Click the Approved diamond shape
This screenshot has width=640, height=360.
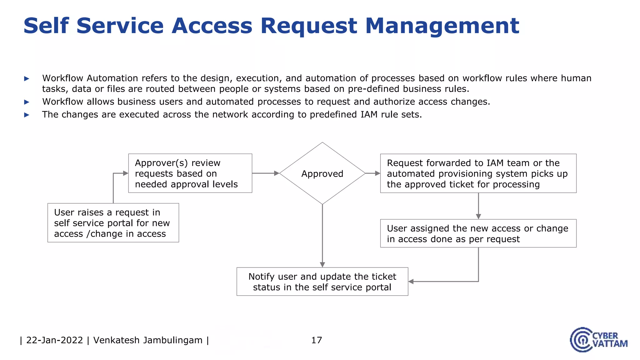(x=322, y=173)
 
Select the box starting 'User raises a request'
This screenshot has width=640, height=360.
(x=113, y=223)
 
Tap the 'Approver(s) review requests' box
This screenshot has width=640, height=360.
(x=190, y=173)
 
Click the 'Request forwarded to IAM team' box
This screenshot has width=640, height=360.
(x=478, y=173)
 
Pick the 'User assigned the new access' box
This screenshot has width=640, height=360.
(x=478, y=233)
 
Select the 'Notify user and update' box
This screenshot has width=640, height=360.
(x=322, y=282)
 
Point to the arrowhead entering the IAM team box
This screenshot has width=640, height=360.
(x=377, y=173)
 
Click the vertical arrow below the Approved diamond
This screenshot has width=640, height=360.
(x=322, y=234)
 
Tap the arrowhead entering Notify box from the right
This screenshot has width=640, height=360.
(x=411, y=282)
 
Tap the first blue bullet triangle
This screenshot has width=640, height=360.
(x=27, y=78)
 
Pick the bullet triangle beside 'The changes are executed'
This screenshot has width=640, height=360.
(x=27, y=115)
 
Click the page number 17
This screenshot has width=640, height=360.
(x=317, y=340)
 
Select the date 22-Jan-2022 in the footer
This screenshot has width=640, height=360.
(x=55, y=340)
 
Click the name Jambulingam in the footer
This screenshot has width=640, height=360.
(x=172, y=340)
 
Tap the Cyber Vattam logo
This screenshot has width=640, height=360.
(x=598, y=340)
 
